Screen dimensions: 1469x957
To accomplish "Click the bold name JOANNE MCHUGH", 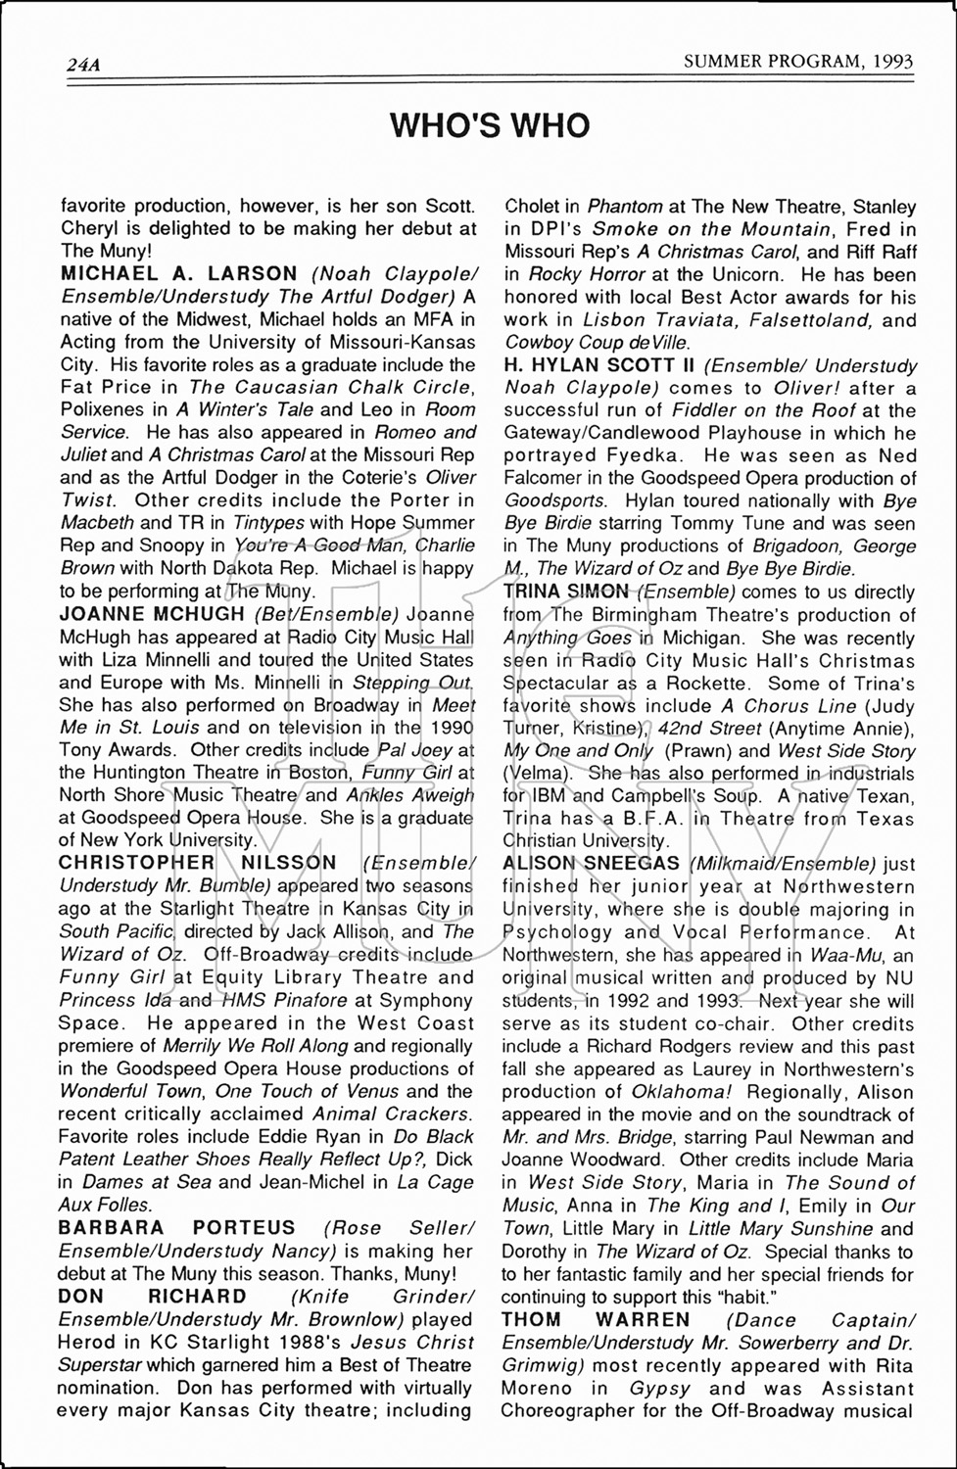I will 152,614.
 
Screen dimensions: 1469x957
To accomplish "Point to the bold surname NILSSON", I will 288,863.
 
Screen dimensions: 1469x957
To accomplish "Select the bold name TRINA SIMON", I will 565,592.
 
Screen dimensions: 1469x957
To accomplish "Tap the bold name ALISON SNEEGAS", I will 591,863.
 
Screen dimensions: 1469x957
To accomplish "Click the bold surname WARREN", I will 643,1319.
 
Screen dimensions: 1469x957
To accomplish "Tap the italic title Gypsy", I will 660,1388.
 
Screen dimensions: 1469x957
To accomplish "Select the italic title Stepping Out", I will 412,682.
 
